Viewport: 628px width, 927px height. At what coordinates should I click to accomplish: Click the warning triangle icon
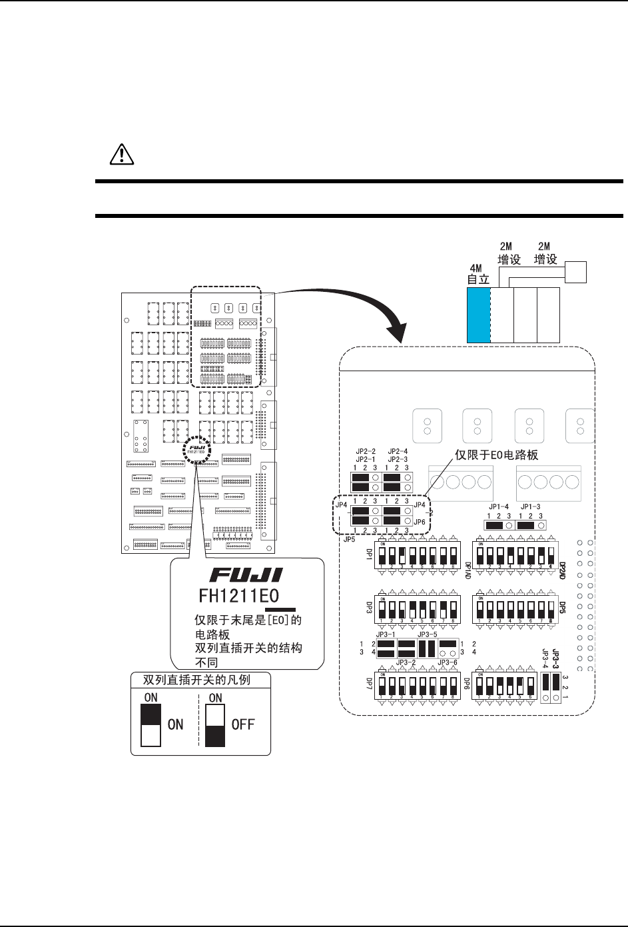point(122,155)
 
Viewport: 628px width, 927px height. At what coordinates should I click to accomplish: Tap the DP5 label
point(562,608)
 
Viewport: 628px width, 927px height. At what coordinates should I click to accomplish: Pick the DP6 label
point(467,685)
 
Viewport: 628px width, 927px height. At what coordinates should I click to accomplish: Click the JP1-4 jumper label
point(497,507)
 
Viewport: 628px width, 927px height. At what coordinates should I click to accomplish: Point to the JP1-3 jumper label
point(531,507)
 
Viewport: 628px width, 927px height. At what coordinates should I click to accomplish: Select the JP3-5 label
point(427,635)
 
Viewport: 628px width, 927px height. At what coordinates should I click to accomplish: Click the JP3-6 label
point(448,662)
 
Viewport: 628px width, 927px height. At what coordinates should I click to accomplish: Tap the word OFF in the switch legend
point(243,725)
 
